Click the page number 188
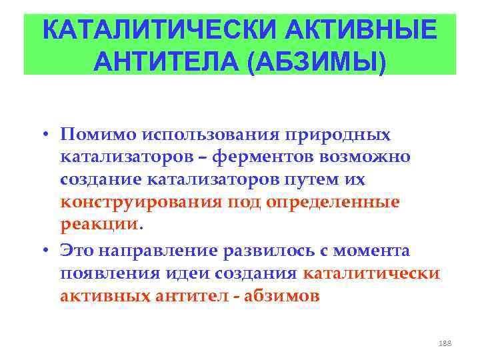(445, 343)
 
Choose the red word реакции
(99, 225)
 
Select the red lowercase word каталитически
(371, 273)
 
